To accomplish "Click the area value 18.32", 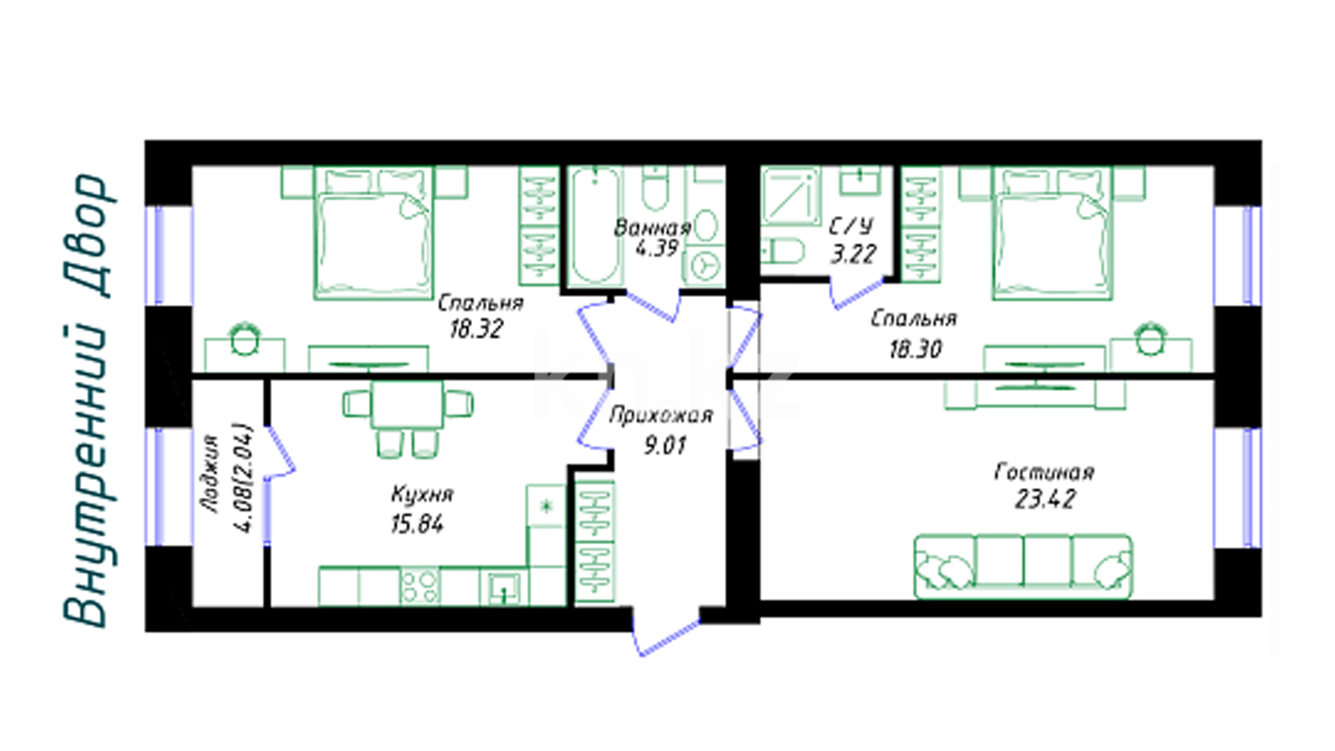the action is click(x=476, y=329).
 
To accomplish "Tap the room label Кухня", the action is click(x=422, y=494).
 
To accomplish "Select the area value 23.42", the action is click(x=1045, y=499).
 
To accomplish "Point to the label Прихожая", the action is click(x=661, y=415).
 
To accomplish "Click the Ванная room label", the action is click(x=652, y=227).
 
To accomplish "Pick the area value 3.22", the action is click(x=853, y=254).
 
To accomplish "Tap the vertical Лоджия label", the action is click(x=211, y=474).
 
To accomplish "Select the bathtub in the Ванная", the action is click(x=595, y=225).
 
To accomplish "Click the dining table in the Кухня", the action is click(x=407, y=405).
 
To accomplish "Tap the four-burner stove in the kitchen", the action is click(x=420, y=586).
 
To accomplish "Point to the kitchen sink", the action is click(x=503, y=588).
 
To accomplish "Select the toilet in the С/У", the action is click(x=782, y=251).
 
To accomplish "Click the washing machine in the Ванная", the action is click(x=704, y=265).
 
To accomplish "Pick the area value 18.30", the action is click(x=915, y=348).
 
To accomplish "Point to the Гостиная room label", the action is click(x=1044, y=472).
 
